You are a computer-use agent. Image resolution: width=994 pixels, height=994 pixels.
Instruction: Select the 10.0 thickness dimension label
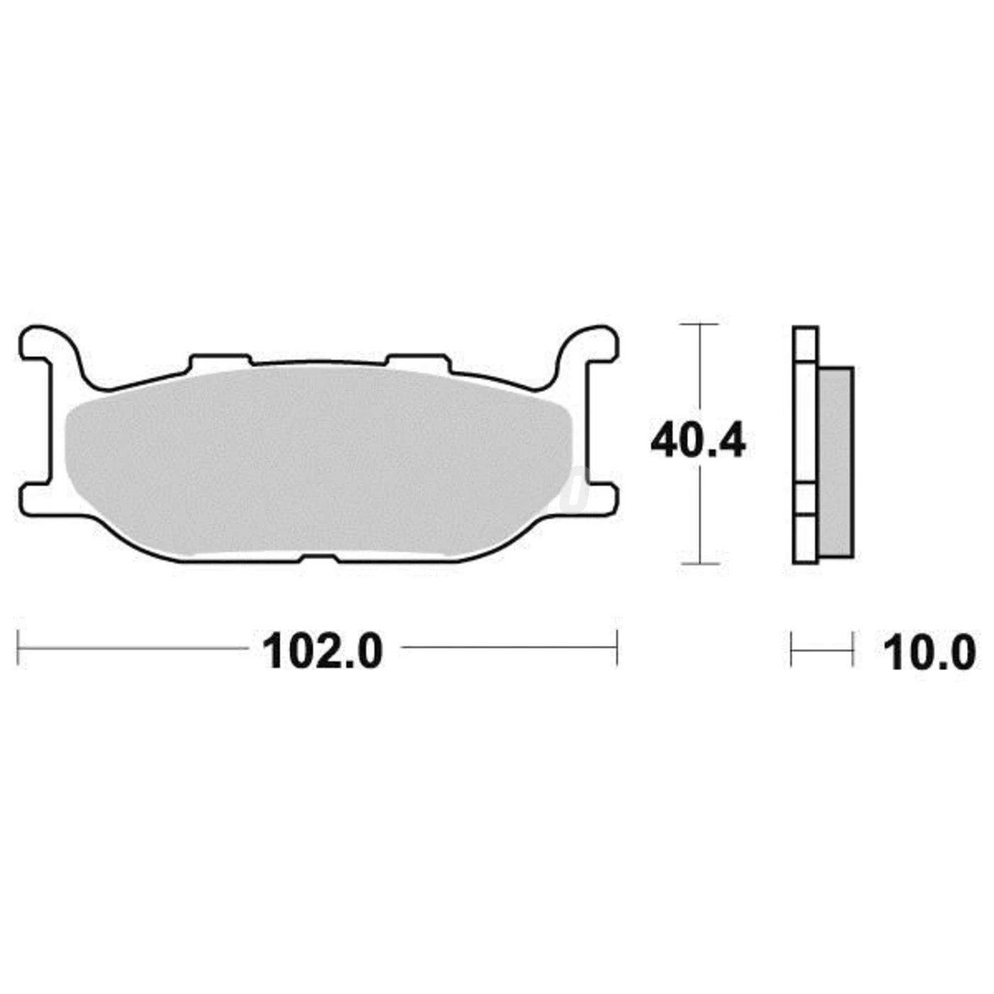(x=929, y=652)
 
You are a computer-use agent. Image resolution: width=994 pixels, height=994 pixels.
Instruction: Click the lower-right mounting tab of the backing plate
(x=603, y=499)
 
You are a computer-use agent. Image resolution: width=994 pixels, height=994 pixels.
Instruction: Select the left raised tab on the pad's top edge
(x=220, y=361)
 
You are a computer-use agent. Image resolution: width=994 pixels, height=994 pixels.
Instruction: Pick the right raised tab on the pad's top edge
(x=417, y=361)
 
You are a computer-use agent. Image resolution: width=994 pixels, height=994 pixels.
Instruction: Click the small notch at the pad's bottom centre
(x=319, y=557)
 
